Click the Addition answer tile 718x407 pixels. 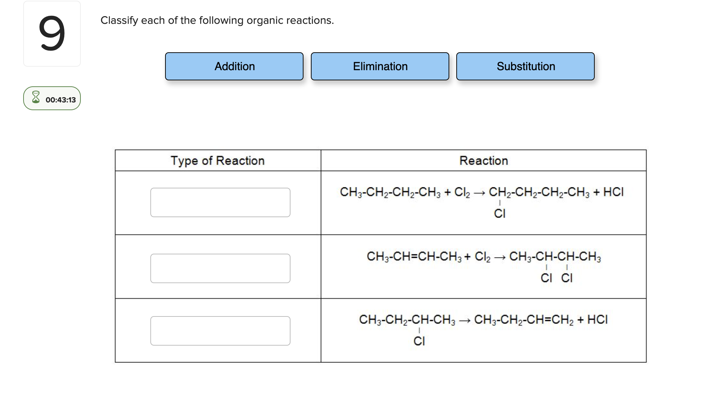point(234,66)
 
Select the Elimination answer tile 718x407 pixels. point(380,66)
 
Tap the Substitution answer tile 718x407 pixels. point(525,66)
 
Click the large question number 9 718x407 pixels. point(52,34)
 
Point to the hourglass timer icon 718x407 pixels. point(36,97)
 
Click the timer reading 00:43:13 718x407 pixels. point(60,100)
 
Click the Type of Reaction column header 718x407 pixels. point(217,161)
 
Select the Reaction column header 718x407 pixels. point(483,161)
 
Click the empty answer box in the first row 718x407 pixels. point(220,202)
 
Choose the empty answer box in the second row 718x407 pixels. point(220,268)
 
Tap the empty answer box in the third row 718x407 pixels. point(220,331)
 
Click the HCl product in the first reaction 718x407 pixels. point(613,192)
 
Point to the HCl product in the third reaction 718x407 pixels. point(598,320)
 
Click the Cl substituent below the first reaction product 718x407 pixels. point(500,213)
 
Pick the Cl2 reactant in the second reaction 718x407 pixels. point(483,257)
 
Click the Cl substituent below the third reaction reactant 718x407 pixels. point(419,341)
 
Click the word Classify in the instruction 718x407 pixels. point(119,20)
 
